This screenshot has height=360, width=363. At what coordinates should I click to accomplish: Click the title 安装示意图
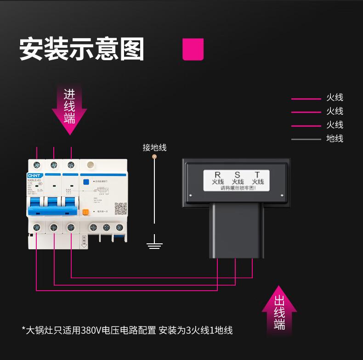pyautogui.click(x=82, y=49)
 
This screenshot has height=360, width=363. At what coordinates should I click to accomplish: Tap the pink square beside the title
pyautogui.click(x=193, y=49)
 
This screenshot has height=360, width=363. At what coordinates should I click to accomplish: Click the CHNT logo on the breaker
pyautogui.click(x=35, y=175)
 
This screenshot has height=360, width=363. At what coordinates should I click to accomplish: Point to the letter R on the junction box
pyautogui.click(x=217, y=174)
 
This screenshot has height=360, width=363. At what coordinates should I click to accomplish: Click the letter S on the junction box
pyautogui.click(x=238, y=174)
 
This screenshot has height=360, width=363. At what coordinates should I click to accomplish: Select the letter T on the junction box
pyautogui.click(x=257, y=174)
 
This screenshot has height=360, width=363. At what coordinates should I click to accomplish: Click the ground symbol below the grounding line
pyautogui.click(x=154, y=242)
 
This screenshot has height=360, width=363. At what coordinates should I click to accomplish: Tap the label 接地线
pyautogui.click(x=154, y=147)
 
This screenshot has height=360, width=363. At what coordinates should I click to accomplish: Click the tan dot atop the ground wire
pyautogui.click(x=154, y=157)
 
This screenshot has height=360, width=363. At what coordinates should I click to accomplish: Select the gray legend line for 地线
pyautogui.click(x=306, y=139)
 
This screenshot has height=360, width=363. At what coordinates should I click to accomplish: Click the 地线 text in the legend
pyautogui.click(x=335, y=139)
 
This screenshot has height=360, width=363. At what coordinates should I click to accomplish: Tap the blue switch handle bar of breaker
pyautogui.click(x=53, y=210)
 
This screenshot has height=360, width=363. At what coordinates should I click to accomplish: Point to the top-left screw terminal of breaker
pyautogui.click(x=37, y=165)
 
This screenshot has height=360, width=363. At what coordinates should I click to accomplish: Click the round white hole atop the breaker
pyautogui.click(x=91, y=164)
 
